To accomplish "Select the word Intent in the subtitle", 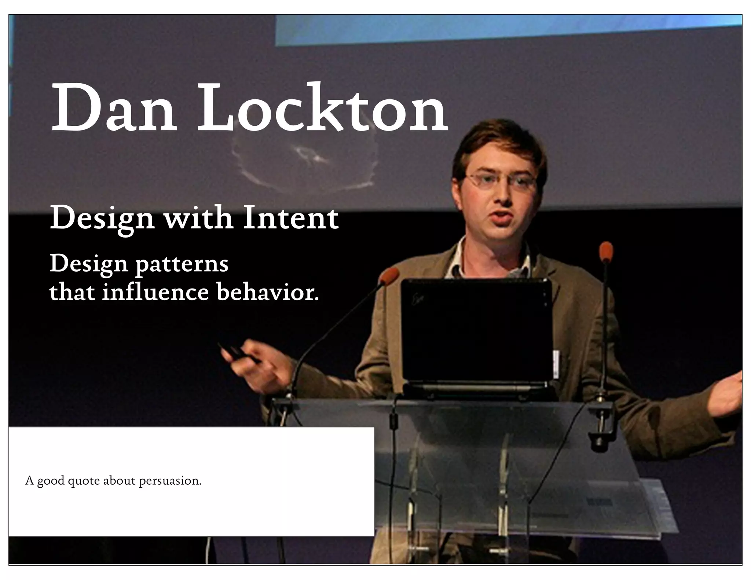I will [290, 219].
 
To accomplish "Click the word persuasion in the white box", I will [170, 481].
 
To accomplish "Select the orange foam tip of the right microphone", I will [606, 251].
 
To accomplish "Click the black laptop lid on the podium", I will [476, 330].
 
